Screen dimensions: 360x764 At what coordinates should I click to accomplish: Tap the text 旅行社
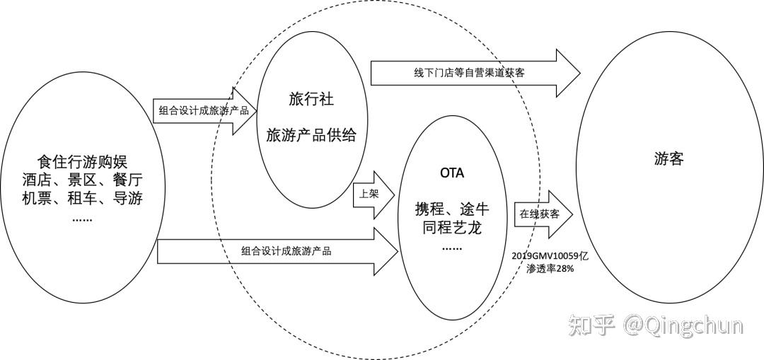tap(310, 98)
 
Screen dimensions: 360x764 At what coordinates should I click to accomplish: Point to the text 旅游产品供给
tap(310, 134)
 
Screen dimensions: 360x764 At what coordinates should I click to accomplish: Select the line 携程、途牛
tap(452, 209)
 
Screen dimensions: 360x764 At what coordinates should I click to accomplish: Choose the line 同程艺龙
tap(452, 228)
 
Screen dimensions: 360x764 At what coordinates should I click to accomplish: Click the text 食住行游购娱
tap(82, 161)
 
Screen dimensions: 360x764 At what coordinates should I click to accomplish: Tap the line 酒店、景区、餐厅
tap(82, 179)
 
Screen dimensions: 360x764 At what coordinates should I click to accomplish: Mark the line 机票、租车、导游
tap(82, 198)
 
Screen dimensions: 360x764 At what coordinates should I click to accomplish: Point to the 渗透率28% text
tap(549, 269)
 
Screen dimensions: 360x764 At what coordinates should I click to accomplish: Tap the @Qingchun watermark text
tap(683, 326)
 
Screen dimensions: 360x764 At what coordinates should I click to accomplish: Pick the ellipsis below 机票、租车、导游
tap(82, 218)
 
